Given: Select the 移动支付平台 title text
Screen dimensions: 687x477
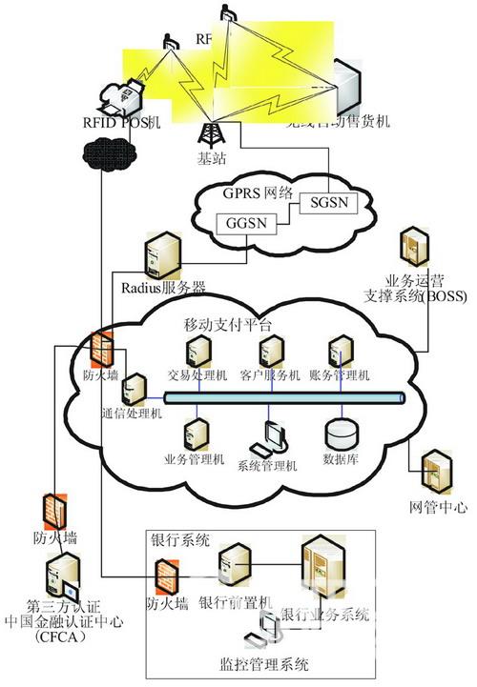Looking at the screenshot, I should pos(226,325).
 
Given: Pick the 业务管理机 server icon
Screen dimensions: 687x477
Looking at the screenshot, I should pos(195,434).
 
